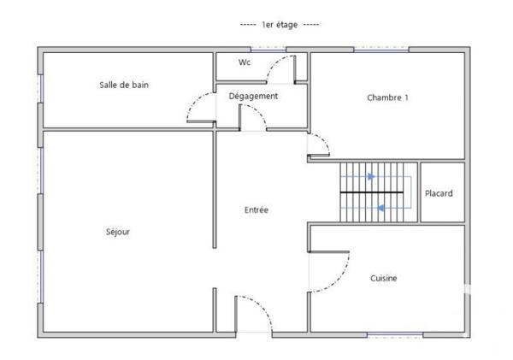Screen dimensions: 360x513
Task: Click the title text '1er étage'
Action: (280, 25)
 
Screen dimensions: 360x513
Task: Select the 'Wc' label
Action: (245, 62)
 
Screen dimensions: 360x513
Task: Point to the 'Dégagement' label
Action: (253, 96)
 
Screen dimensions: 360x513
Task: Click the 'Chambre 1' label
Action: (387, 97)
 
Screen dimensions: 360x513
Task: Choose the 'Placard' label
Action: (439, 193)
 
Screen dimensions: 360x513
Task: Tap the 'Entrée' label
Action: (256, 210)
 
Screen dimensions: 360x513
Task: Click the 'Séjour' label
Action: (118, 231)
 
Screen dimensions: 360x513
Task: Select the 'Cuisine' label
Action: (383, 278)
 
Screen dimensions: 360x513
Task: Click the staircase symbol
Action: (377, 192)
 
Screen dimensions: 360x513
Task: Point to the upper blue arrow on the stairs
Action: (369, 178)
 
